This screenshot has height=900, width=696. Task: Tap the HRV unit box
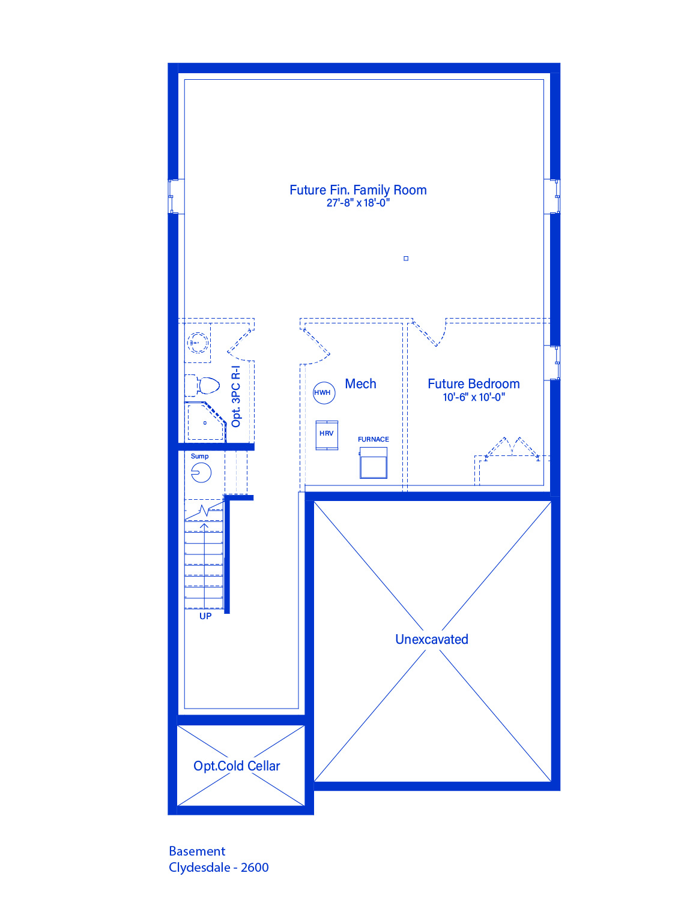327,435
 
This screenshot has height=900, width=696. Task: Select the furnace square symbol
373,463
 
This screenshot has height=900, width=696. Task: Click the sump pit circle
201,473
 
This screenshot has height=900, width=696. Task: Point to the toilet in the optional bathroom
202,386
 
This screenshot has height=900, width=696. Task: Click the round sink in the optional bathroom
198,343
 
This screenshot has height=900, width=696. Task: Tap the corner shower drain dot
205,423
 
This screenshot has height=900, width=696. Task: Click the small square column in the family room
406,259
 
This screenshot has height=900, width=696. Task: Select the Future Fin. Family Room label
358,190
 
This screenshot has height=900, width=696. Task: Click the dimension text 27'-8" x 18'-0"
358,203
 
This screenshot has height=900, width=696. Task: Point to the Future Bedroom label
473,384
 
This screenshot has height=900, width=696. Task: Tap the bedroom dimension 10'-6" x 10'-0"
474,397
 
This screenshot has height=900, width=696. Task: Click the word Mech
360,384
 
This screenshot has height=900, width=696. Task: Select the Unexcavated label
432,639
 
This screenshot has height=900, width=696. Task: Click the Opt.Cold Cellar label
237,766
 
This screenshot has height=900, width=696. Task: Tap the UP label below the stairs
205,616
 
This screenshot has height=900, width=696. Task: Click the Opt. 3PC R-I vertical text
236,397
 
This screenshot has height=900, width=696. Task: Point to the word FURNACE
373,439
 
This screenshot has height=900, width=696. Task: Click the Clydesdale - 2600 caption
219,867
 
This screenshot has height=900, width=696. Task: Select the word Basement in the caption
197,851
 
